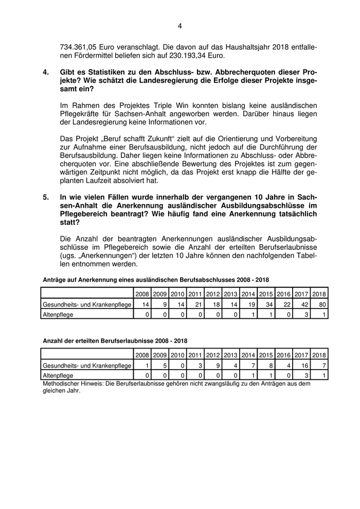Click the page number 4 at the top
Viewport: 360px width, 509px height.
pyautogui.click(x=180, y=26)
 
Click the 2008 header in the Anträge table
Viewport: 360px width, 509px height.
pyautogui.click(x=142, y=294)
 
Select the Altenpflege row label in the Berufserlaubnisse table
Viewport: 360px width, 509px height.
pyautogui.click(x=58, y=376)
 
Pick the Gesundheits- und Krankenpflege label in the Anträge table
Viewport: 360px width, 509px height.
pyautogui.click(x=86, y=304)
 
